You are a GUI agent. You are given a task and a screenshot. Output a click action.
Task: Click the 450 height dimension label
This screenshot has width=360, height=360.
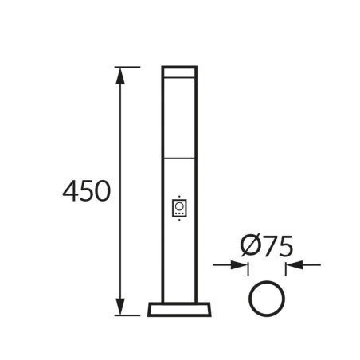tap(86, 192)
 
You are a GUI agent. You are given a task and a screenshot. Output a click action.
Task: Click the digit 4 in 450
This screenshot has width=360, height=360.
tap(70, 192)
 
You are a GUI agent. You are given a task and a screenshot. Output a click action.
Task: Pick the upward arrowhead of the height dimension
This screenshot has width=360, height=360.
tap(121, 74)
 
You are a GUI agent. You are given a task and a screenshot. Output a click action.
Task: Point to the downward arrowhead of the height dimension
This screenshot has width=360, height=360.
tap(121, 308)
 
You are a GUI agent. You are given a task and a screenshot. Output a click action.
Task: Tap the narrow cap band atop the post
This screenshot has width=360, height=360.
tap(180, 72)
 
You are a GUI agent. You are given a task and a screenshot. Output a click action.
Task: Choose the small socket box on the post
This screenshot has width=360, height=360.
tap(180, 208)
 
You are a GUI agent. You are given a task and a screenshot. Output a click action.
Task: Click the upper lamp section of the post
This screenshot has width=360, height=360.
tap(180, 115)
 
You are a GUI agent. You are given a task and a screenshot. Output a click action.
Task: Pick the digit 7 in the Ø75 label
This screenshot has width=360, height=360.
tap(267, 247)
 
